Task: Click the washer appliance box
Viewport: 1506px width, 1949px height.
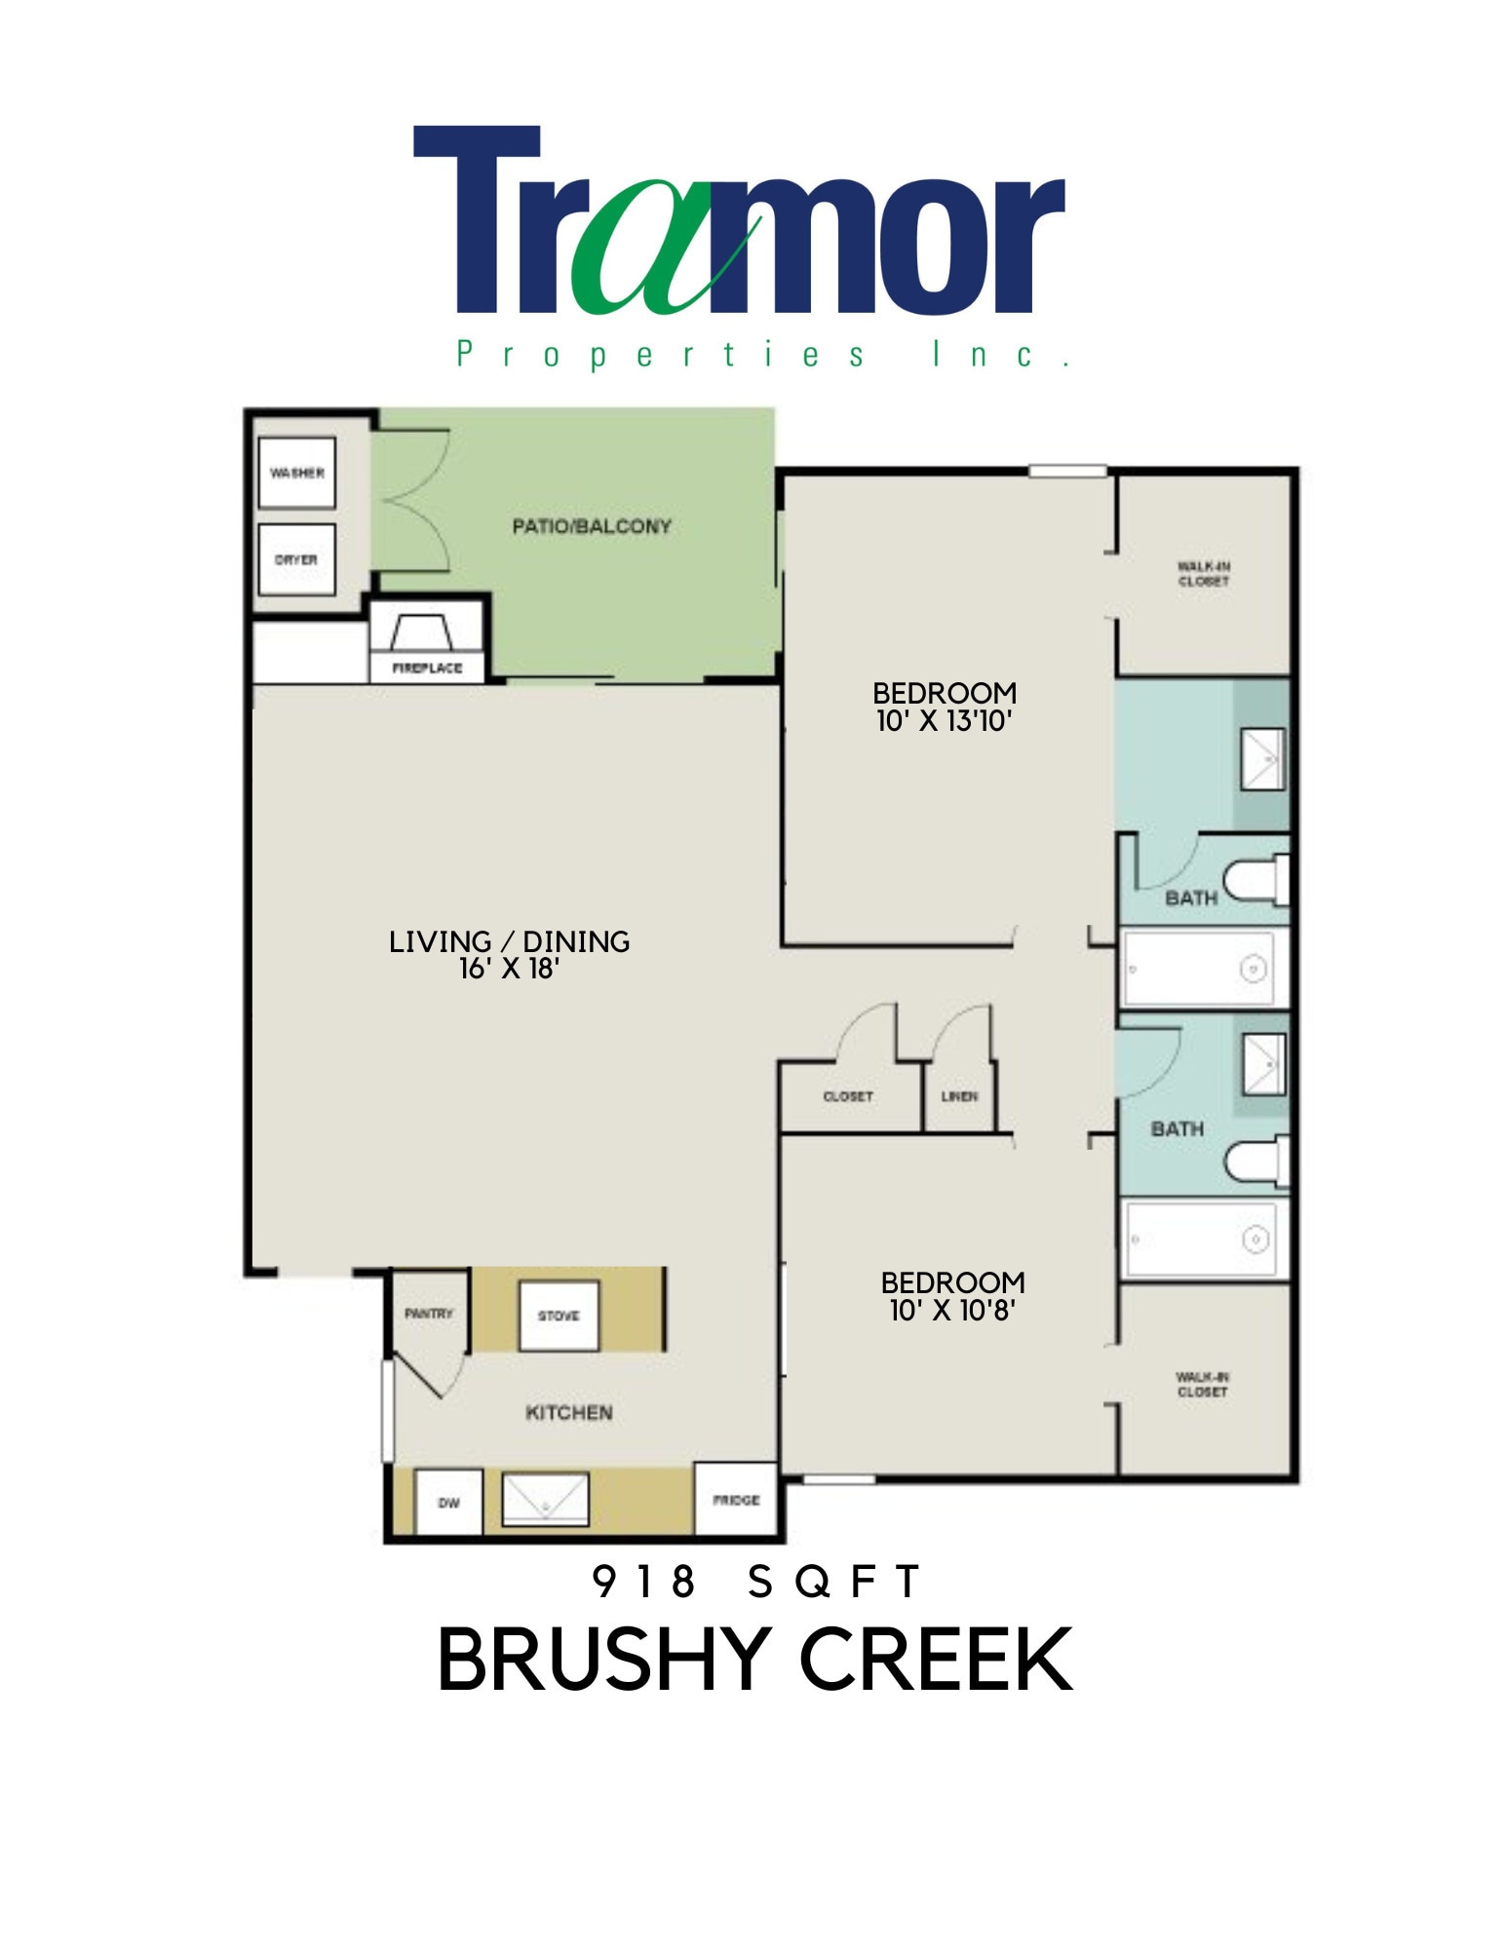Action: point(296,473)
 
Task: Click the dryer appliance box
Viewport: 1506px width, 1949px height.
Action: point(296,559)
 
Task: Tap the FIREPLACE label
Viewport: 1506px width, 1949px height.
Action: point(427,668)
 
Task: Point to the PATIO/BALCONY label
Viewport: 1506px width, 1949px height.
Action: point(592,526)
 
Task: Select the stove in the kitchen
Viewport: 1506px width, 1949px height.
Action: point(559,1316)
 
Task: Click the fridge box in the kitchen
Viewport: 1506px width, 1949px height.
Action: point(736,1500)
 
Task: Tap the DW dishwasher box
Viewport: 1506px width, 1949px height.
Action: point(448,1503)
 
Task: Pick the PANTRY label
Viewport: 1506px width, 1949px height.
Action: point(429,1314)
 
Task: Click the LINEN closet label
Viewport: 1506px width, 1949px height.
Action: point(958,1096)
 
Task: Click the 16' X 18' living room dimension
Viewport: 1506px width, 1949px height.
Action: point(509,969)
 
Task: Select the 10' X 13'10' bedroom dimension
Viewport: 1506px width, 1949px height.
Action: point(944,721)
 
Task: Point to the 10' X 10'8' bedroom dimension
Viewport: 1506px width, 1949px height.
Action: point(952,1310)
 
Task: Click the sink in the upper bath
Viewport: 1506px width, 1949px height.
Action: point(1263,759)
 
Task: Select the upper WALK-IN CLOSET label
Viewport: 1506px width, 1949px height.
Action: point(1203,573)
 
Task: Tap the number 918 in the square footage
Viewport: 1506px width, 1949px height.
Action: point(643,1582)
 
